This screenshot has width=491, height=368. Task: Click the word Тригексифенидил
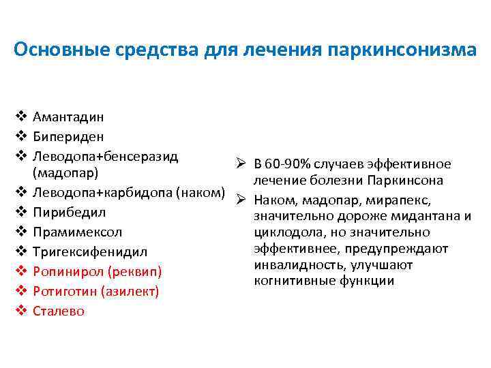(x=89, y=252)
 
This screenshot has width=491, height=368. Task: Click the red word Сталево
(x=59, y=311)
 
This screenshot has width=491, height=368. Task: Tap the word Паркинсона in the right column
(x=406, y=181)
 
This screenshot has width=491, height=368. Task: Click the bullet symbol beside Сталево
(x=20, y=311)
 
